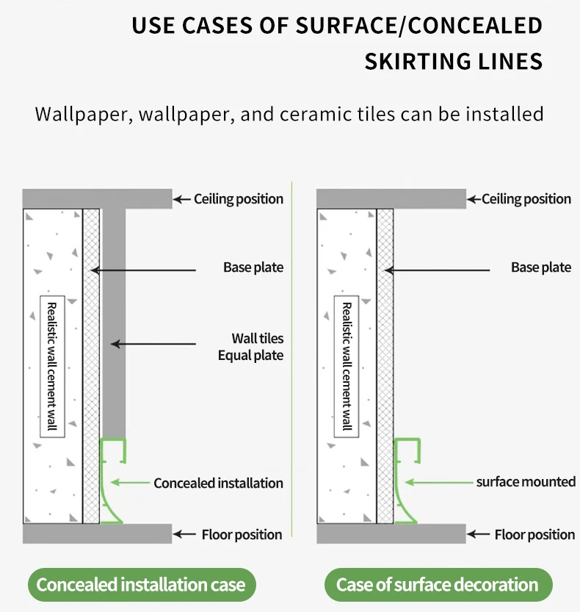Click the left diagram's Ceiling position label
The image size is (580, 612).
(x=239, y=199)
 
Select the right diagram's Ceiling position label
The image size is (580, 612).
(x=526, y=199)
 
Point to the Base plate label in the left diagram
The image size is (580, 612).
(x=253, y=267)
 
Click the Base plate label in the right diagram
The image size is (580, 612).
(x=541, y=267)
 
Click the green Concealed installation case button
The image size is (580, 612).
(x=141, y=585)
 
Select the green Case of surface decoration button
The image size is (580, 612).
(x=438, y=585)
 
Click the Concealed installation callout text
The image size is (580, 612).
(x=218, y=483)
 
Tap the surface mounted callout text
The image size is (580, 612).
(x=526, y=482)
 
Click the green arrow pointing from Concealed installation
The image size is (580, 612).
(x=132, y=483)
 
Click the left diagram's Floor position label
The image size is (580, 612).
(x=242, y=534)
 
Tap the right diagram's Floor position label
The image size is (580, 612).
(x=534, y=534)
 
